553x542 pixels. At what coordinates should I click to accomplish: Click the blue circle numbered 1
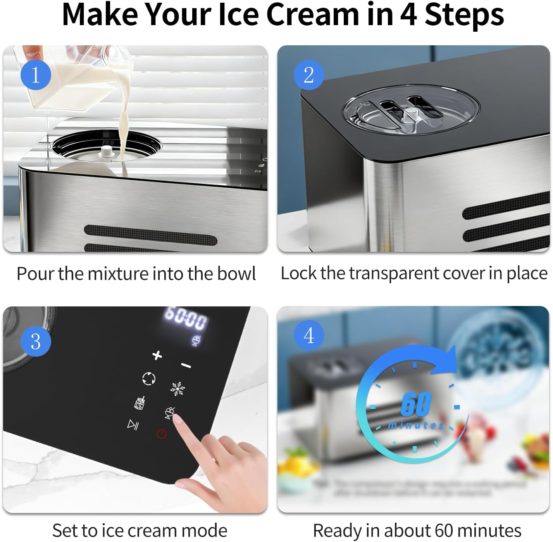coord(36,75)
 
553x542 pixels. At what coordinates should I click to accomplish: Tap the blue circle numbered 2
coord(309,75)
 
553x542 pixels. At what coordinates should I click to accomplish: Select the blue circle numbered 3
coord(36,341)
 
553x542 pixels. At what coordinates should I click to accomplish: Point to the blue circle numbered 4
coord(309,335)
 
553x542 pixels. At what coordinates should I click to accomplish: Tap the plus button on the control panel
coord(157,355)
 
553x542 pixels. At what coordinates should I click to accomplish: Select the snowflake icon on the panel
coord(177,388)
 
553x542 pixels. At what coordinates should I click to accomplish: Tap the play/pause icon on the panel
coord(133,425)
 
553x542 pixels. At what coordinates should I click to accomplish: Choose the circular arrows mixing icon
coord(149,378)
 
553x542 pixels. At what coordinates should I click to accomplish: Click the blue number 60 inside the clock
coord(416,404)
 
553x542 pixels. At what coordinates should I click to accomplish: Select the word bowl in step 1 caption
coord(236,274)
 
